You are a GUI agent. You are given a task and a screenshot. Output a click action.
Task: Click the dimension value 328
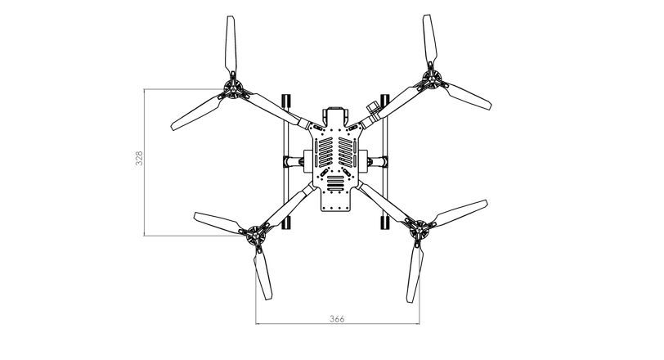(x=139, y=158)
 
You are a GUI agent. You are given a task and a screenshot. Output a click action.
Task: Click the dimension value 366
(x=337, y=319)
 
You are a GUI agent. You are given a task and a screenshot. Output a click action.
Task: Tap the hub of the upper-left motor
(x=233, y=89)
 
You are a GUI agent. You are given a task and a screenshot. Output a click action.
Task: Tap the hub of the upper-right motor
(x=432, y=79)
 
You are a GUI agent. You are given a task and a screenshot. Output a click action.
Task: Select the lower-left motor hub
(x=256, y=235)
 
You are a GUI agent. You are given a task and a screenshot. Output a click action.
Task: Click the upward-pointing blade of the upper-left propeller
(x=231, y=45)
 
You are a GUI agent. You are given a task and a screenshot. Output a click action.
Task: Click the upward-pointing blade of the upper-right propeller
(x=429, y=39)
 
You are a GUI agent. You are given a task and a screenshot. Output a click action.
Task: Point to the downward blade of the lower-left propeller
(x=262, y=274)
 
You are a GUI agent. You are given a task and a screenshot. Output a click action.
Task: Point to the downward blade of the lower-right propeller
(x=415, y=274)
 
